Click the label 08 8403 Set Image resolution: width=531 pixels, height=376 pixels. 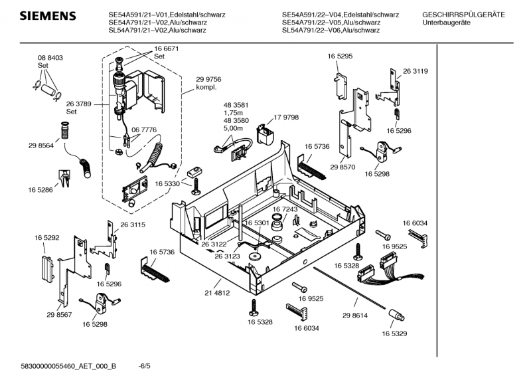click(50, 62)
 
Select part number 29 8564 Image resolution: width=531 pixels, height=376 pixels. click(40, 145)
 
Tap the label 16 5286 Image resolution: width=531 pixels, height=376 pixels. click(40, 190)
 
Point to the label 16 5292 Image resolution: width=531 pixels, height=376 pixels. click(47, 237)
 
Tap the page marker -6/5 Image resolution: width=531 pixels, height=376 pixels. click(144, 365)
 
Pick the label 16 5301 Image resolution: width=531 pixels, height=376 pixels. click(256, 223)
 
